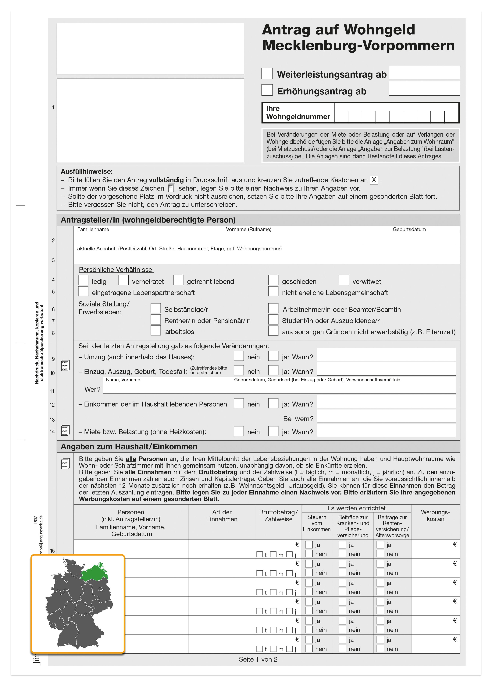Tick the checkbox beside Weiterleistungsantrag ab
pyautogui.click(x=267, y=73)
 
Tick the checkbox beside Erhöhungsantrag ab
pyautogui.click(x=267, y=90)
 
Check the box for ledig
pyautogui.click(x=83, y=280)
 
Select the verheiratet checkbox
pyautogui.click(x=123, y=280)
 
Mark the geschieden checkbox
pyautogui.click(x=273, y=280)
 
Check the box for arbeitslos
pyautogui.click(x=156, y=330)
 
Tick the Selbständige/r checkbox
pyautogui.click(x=156, y=308)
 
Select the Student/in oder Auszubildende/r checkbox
pyautogui.click(x=273, y=319)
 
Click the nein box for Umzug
pyautogui.click(x=239, y=356)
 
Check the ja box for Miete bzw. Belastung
pyautogui.click(x=273, y=431)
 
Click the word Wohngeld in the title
pyautogui.click(x=379, y=30)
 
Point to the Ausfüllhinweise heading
pyautogui.click(x=87, y=171)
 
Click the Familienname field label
pyautogui.click(x=93, y=230)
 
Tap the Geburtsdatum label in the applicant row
pyautogui.click(x=409, y=230)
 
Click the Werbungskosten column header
pyautogui.click(x=435, y=515)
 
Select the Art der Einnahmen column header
pyautogui.click(x=222, y=516)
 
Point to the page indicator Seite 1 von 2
pyautogui.click(x=258, y=659)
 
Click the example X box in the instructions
pyautogui.click(x=374, y=180)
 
